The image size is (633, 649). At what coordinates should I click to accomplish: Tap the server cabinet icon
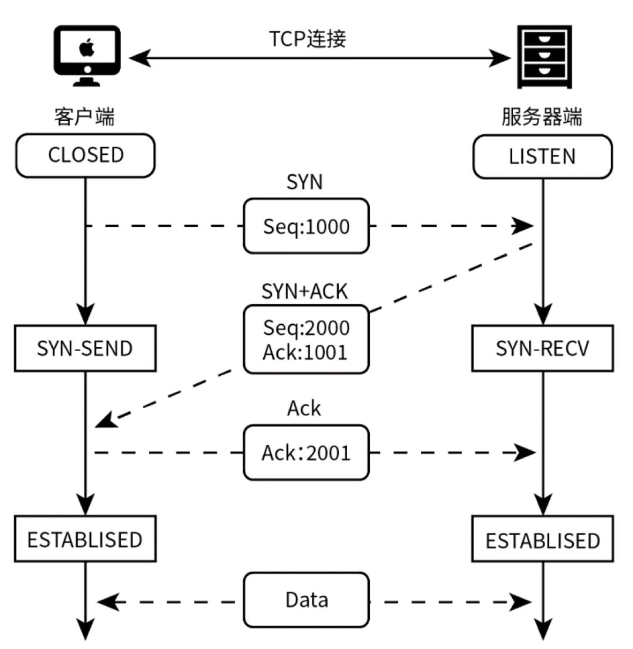[x=543, y=57]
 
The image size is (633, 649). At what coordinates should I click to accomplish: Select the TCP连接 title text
[x=308, y=38]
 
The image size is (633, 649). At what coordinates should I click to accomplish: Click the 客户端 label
[x=84, y=117]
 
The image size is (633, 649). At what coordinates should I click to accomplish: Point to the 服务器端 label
[x=542, y=117]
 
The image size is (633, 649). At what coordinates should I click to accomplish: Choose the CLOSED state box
[x=86, y=155]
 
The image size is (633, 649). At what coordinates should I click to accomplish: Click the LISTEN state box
[x=543, y=157]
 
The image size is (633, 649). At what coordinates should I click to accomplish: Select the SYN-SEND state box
[x=86, y=349]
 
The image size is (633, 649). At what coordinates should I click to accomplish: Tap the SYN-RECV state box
[x=543, y=349]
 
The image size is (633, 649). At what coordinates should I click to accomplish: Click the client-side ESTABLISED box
[x=86, y=539]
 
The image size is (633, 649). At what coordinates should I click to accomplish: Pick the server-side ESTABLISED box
[x=543, y=540]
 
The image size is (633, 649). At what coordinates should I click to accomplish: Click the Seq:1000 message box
[x=307, y=226]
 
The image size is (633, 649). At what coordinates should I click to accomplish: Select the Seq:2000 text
[x=306, y=328]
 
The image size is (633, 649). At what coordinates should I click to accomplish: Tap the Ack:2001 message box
[x=307, y=453]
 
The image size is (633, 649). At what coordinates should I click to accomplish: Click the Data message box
[x=307, y=600]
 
